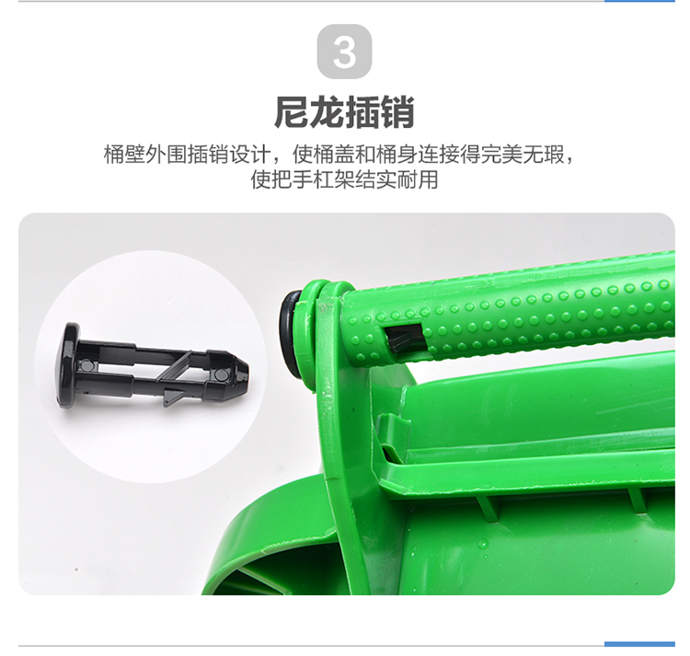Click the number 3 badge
(344, 52)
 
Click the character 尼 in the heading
(292, 112)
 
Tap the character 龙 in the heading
(327, 112)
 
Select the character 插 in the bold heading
(362, 112)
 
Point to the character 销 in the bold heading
(397, 112)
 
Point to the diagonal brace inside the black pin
(173, 366)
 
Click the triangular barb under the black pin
(173, 396)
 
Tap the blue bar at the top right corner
(639, 1)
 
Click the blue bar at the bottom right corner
(639, 644)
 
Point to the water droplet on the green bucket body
(483, 545)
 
